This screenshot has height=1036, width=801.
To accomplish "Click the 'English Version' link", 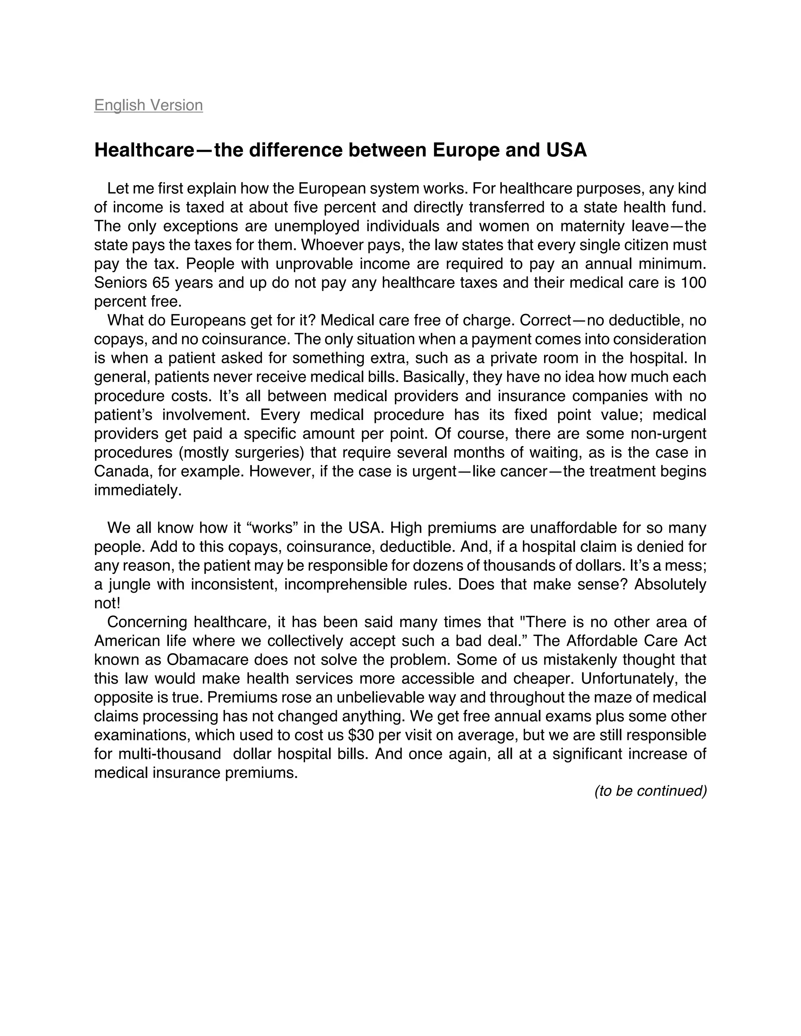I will (149, 105).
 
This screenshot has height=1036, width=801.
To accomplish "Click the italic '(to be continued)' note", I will (650, 791).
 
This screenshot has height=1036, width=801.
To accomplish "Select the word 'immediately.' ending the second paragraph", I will (138, 491).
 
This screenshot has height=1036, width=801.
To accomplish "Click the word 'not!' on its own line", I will (107, 603).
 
